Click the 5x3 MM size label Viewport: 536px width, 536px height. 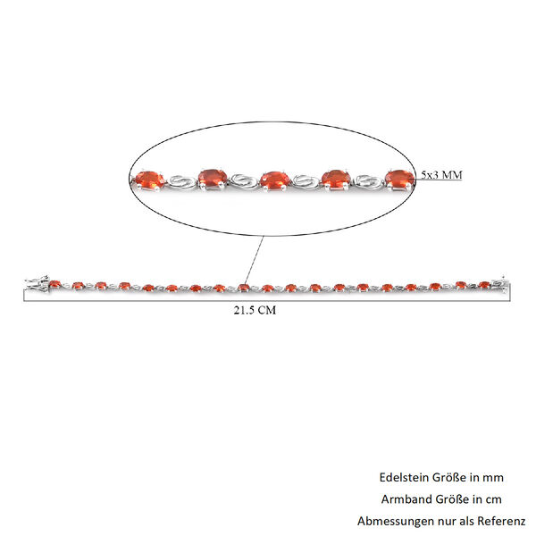pos(441,175)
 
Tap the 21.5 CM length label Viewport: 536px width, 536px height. pos(255,310)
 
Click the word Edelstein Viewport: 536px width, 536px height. pos(404,477)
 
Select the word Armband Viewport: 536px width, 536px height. pos(406,499)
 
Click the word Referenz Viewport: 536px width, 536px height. pos(501,521)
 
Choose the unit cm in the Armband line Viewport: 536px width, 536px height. pos(494,500)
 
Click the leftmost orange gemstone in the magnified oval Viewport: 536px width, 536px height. pos(149,180)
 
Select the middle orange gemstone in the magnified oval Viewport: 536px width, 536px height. pos(274,180)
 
